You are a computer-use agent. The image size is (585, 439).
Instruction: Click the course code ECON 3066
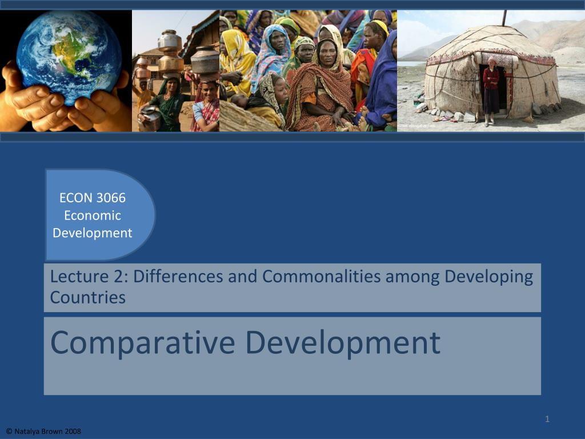tap(93, 198)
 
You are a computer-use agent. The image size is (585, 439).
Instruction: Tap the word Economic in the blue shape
tap(93, 215)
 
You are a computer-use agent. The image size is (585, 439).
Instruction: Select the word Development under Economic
tap(93, 233)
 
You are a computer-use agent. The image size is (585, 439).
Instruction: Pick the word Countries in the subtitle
tap(87, 297)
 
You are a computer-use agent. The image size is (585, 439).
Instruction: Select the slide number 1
tap(547, 420)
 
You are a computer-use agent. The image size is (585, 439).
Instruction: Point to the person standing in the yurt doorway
tap(491, 91)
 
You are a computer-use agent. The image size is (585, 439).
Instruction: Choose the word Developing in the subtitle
tap(488, 277)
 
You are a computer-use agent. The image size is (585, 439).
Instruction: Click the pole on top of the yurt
tap(504, 17)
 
